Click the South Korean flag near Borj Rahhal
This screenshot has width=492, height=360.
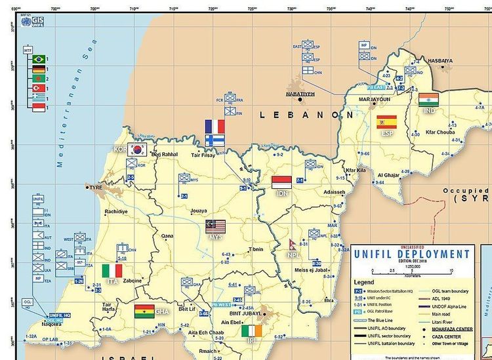137,149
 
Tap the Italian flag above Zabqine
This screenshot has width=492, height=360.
112,270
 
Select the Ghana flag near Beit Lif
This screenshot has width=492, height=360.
144,311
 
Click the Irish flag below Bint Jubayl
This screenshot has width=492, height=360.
251,332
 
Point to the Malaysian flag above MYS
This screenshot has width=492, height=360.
215,226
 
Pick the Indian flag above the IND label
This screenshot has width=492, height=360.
428,100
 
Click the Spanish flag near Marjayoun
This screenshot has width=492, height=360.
386,121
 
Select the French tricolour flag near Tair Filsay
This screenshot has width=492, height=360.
215,126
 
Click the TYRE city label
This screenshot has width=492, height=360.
96,187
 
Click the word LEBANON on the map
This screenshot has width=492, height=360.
302,115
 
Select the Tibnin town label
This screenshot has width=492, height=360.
256,249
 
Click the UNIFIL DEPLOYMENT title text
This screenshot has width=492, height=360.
411,254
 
